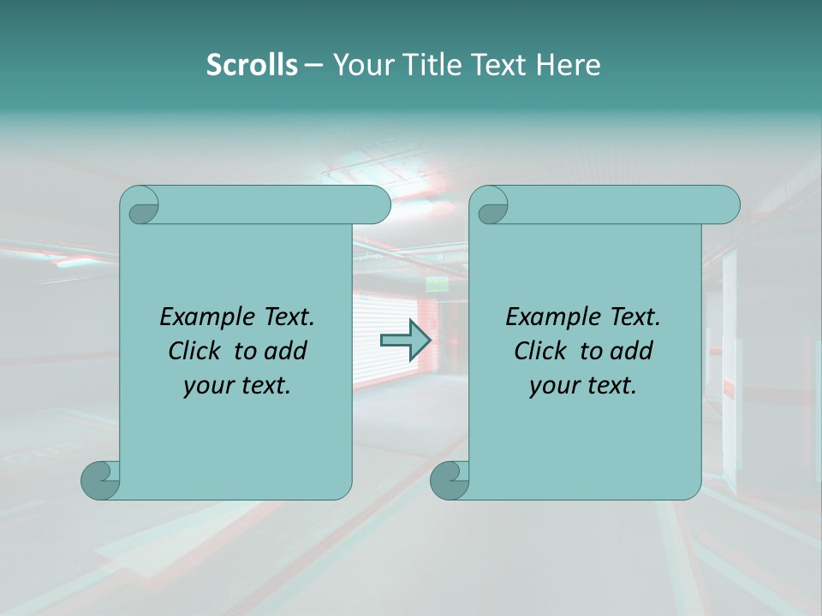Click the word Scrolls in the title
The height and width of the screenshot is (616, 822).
click(252, 65)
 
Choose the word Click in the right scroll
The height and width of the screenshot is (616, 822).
click(542, 351)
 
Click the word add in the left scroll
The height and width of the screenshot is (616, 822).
click(286, 351)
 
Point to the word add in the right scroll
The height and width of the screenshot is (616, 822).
click(632, 351)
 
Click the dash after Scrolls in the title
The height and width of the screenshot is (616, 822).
click(313, 65)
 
